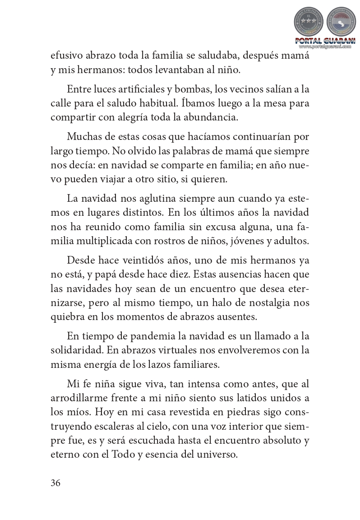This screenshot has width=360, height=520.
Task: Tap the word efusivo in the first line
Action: (66, 57)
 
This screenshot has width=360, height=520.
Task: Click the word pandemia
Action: (140, 336)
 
